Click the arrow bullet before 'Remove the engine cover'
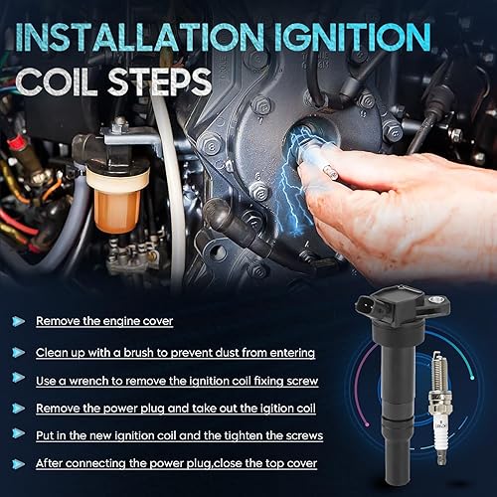(x=19, y=321)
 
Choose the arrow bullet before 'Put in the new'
(x=19, y=435)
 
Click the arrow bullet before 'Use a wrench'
(x=19, y=379)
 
